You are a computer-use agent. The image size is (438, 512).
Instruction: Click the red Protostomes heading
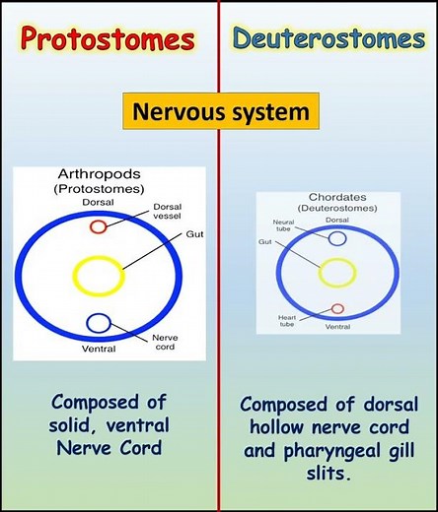point(108,40)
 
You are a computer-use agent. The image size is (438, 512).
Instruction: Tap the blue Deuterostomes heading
point(329,40)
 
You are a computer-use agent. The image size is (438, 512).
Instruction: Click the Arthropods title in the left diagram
point(109,176)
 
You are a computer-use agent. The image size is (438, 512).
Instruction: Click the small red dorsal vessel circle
point(99,227)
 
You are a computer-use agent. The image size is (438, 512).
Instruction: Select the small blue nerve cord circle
point(99,322)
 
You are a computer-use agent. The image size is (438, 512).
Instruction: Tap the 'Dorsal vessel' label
point(168,212)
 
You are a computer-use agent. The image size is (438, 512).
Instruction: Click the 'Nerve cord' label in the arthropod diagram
point(165,342)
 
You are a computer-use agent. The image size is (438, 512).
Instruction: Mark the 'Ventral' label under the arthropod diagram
point(99,349)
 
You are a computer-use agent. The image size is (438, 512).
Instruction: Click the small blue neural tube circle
point(337,237)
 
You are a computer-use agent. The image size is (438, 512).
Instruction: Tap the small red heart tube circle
point(338,309)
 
